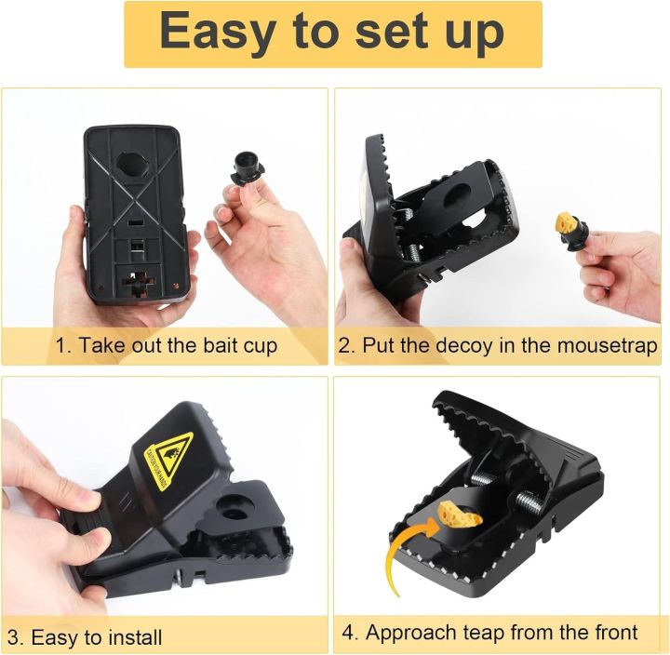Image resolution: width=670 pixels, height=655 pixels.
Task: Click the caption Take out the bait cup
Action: pos(178,346)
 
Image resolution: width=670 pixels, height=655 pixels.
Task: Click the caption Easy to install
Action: pos(97,637)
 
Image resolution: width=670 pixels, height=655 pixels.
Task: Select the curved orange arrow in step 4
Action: pos(403,559)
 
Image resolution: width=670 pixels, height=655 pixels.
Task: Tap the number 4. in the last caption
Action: pos(351,633)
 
